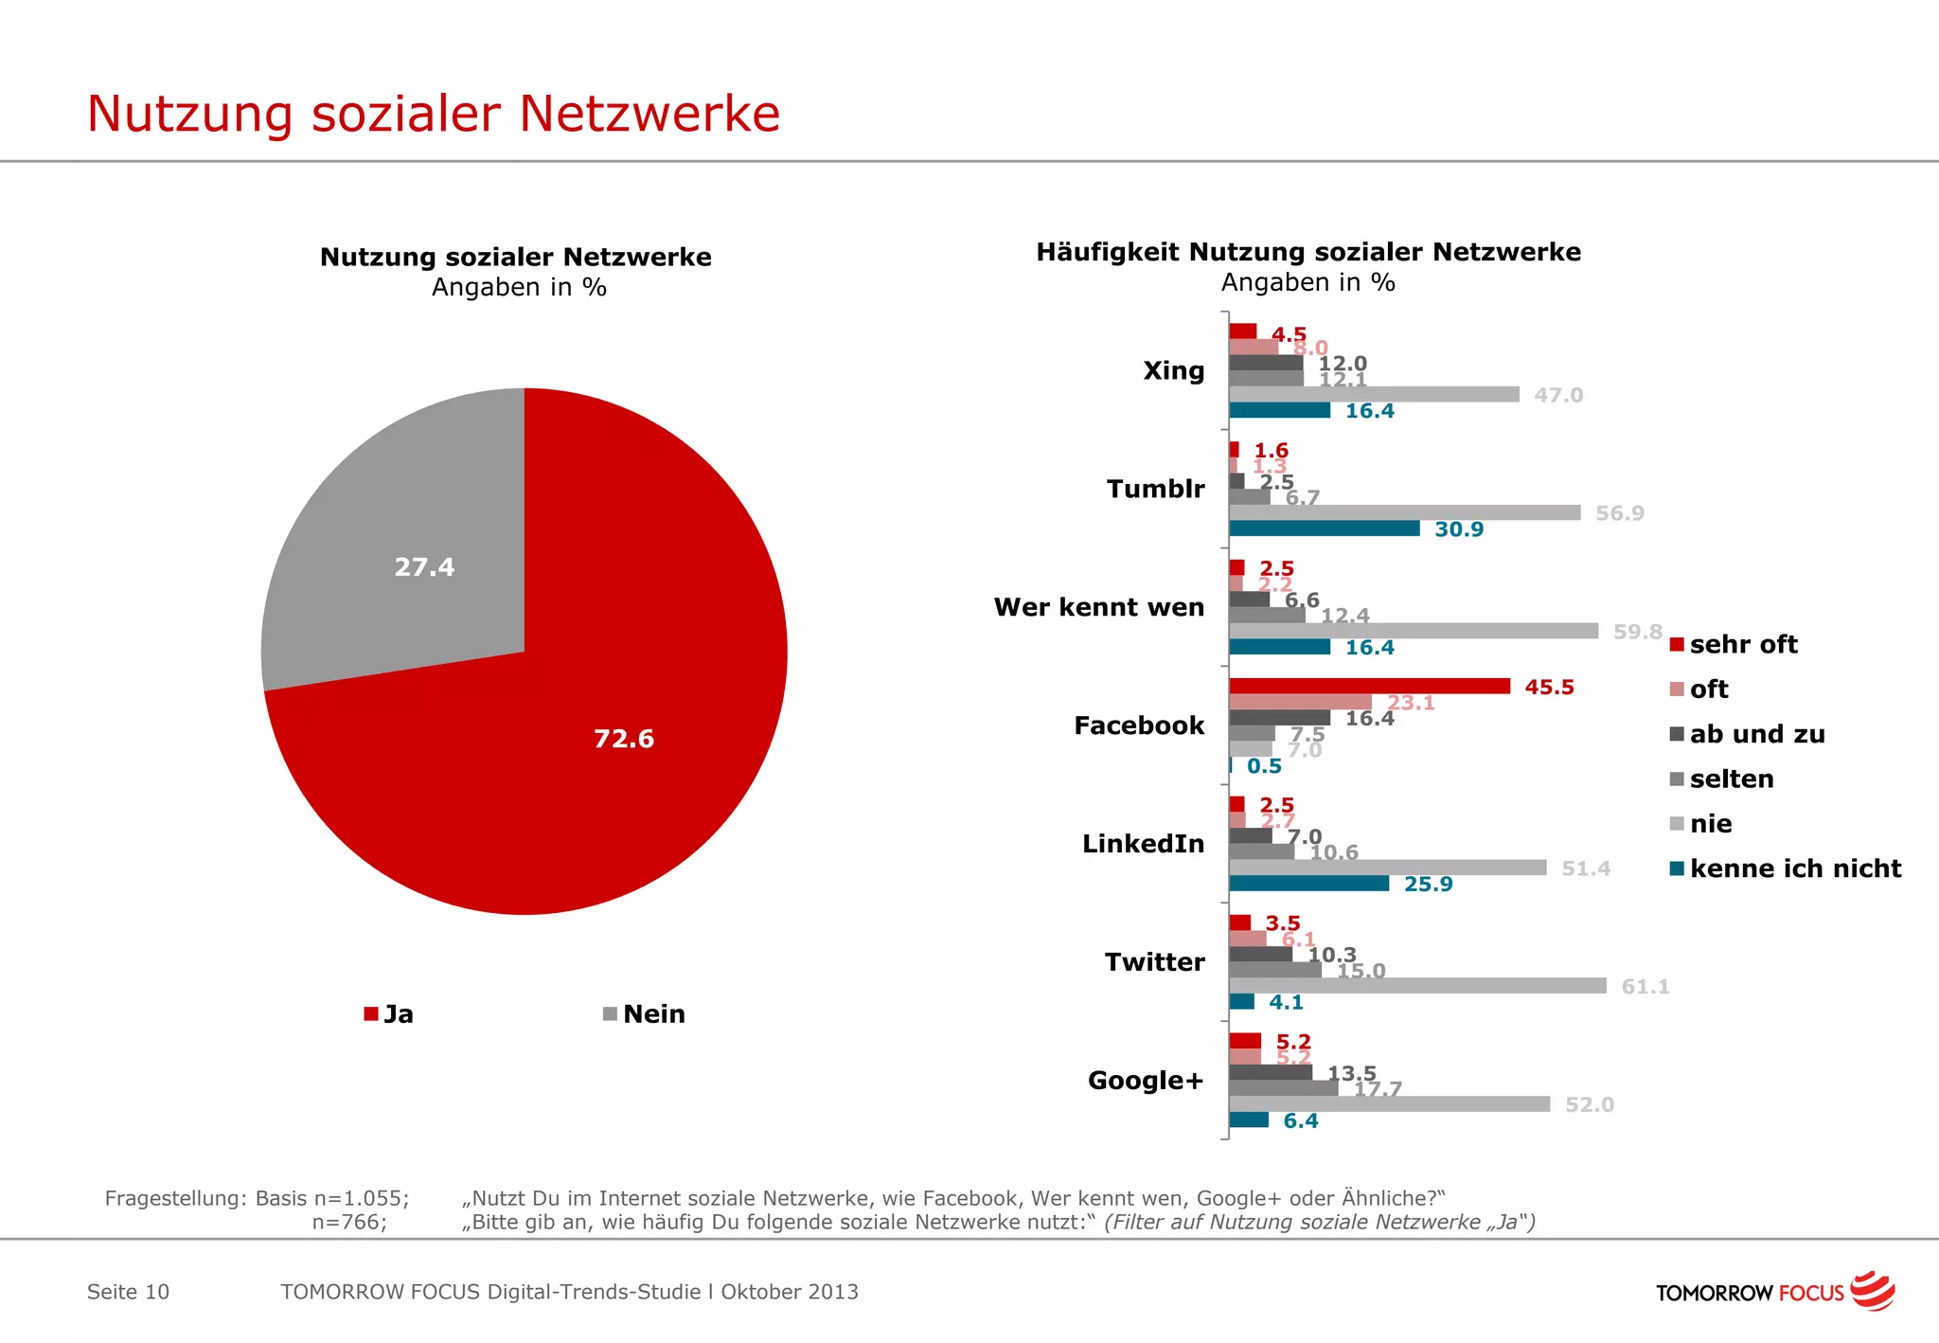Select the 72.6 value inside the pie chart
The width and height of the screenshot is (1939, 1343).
tap(623, 739)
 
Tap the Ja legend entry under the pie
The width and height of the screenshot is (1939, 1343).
tap(389, 1014)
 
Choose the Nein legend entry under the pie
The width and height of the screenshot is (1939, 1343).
tap(644, 1014)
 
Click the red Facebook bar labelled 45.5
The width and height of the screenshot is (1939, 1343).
tap(1368, 687)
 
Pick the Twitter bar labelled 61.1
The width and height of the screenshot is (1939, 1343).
tap(1416, 986)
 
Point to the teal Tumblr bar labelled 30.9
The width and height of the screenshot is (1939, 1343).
tap(1324, 528)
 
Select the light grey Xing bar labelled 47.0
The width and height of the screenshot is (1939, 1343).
tap(1373, 394)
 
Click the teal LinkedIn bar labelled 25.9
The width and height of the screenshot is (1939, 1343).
tap(1308, 884)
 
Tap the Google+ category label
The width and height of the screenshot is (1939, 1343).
tap(1145, 1081)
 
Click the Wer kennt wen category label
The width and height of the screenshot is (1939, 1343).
tap(1098, 607)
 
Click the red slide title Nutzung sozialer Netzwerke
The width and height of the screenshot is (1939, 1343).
tap(433, 114)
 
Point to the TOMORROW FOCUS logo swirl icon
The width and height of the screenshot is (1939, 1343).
tap(1872, 1291)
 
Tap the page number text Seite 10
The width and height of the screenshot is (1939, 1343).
tap(128, 1292)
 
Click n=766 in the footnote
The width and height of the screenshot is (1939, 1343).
tap(349, 1223)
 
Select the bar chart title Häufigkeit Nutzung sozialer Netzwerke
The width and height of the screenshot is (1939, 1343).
tap(1308, 252)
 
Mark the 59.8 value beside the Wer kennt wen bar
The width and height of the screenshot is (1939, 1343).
tap(1637, 632)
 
